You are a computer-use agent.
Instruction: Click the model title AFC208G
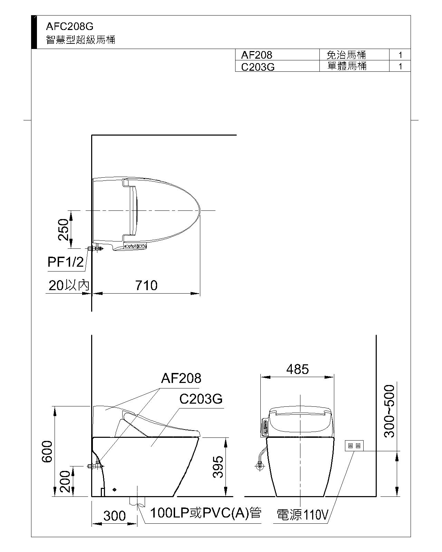click(x=70, y=27)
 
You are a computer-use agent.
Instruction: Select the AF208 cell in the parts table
click(x=257, y=55)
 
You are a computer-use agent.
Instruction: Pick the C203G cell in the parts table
click(x=258, y=67)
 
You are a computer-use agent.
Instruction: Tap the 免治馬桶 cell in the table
click(x=346, y=55)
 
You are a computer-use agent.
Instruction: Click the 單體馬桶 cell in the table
click(x=347, y=66)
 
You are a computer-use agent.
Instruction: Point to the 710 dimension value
click(x=146, y=286)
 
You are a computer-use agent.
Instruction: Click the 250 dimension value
click(x=64, y=229)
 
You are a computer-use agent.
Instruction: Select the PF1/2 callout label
click(x=66, y=262)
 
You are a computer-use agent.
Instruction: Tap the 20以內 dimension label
click(x=69, y=285)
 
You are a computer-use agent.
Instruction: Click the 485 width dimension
click(x=297, y=369)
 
